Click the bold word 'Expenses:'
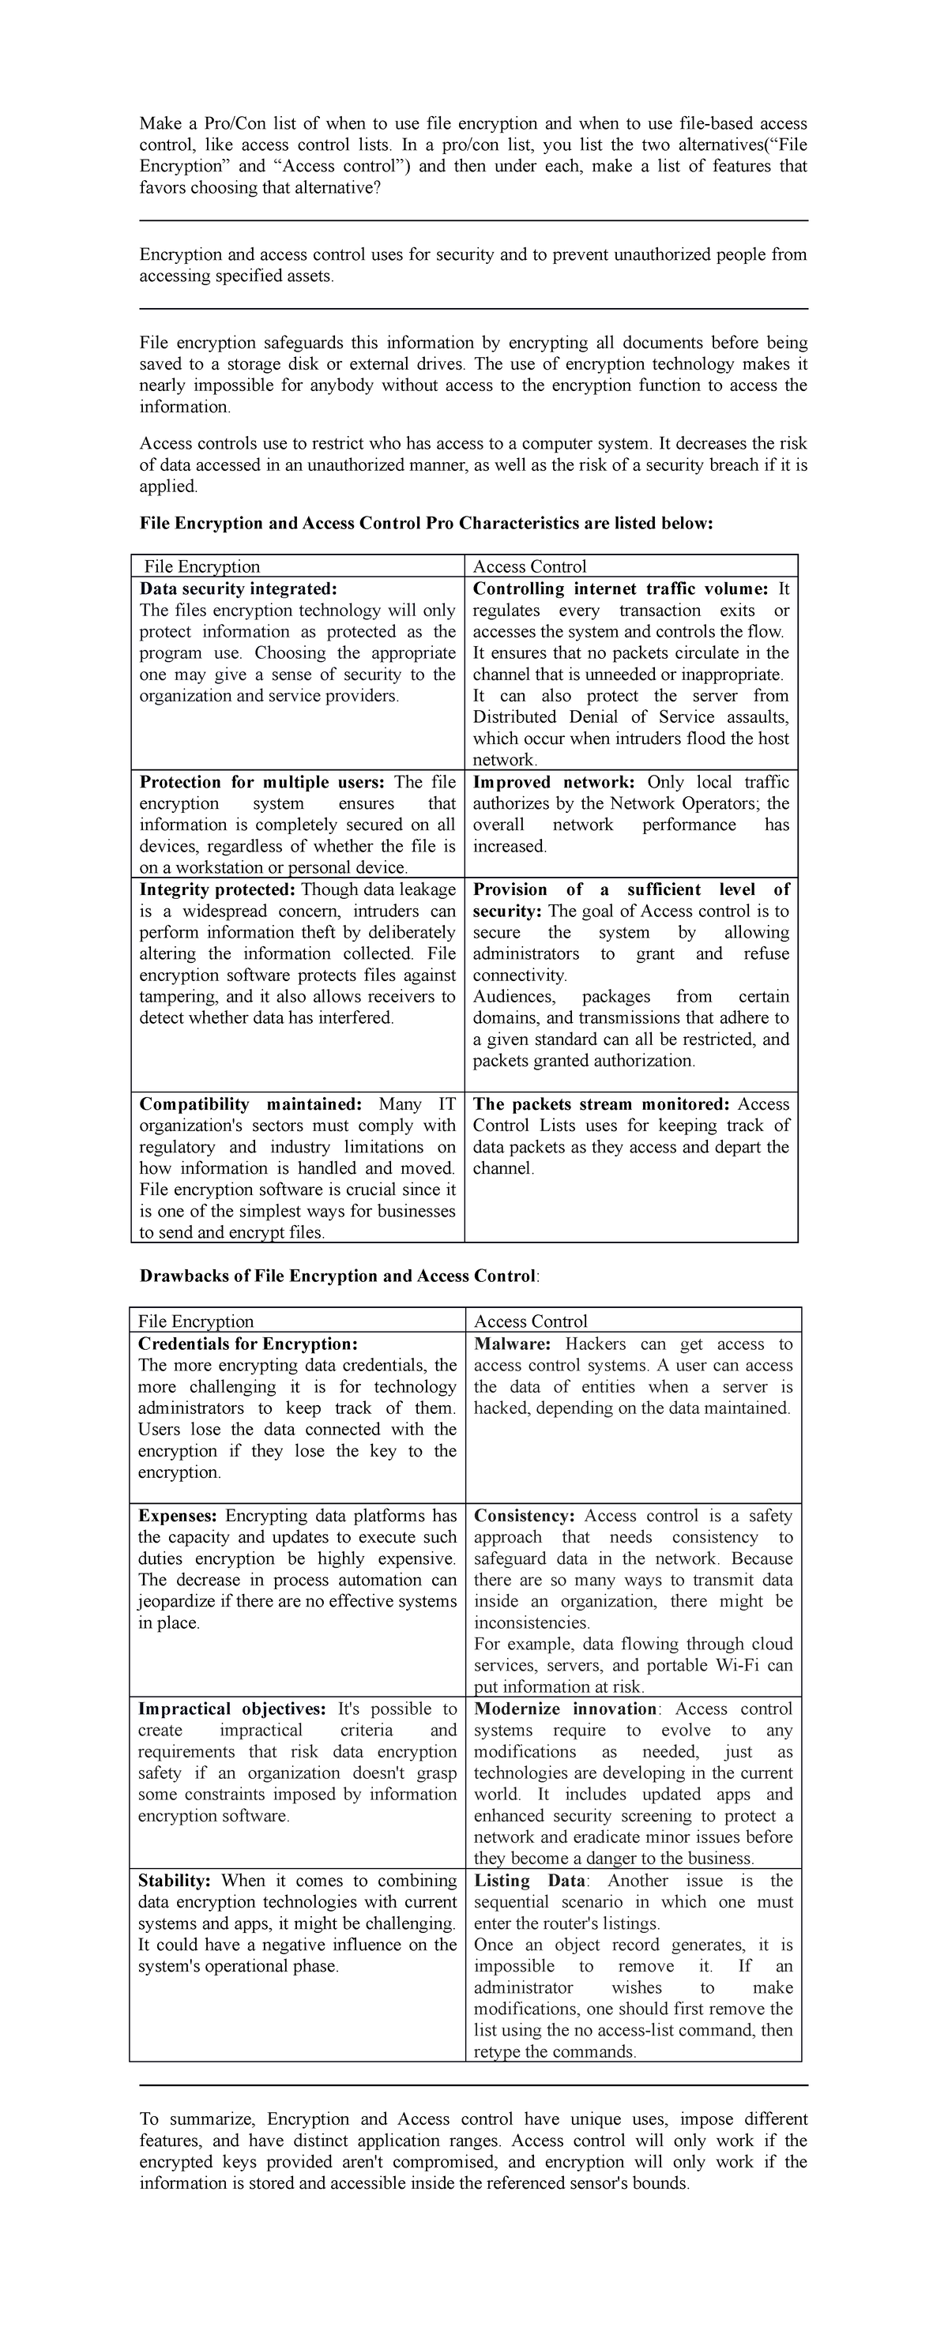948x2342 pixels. coord(177,1516)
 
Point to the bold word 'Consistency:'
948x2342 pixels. coord(525,1516)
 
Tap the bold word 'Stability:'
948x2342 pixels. coord(175,1880)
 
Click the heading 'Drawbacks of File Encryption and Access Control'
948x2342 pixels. coord(337,1276)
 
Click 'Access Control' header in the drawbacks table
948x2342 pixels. coord(530,1321)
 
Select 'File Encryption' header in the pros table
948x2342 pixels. coord(201,566)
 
